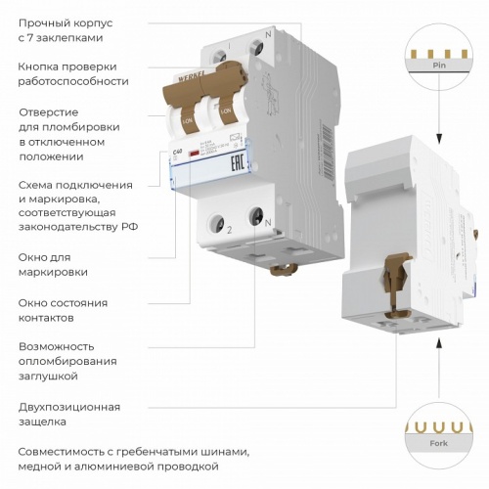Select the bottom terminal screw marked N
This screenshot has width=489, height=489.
coord(257,214)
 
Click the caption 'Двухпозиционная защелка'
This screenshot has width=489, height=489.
coord(68,414)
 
